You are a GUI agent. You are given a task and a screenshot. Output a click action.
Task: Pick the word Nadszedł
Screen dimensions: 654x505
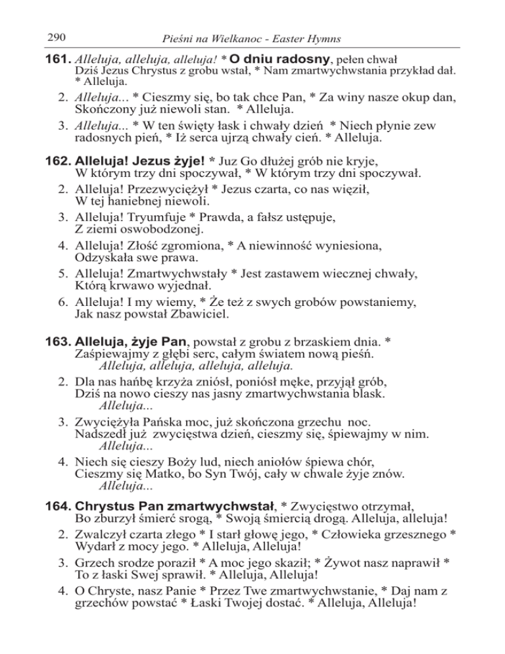102,434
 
